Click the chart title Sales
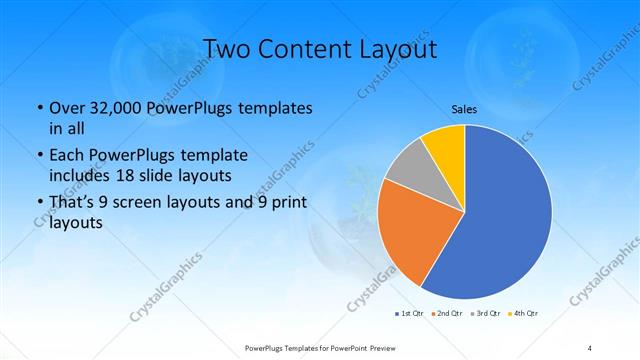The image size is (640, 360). point(464,109)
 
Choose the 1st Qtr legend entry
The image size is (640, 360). point(409,313)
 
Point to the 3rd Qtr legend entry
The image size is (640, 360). point(486,313)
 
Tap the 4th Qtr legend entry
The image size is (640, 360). point(524,313)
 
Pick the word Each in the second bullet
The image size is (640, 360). point(67,155)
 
